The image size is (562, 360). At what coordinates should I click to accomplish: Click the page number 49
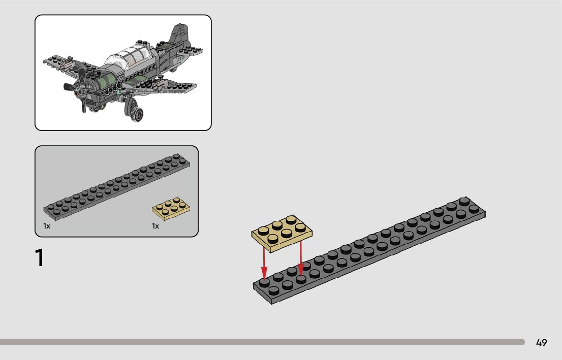(541, 342)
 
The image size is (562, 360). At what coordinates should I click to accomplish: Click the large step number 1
(40, 258)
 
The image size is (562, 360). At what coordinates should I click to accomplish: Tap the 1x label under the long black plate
(47, 226)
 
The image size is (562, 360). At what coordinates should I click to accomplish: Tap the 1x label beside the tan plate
(155, 226)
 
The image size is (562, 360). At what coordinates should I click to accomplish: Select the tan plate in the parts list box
(171, 209)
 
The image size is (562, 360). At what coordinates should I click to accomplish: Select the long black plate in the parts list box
(117, 186)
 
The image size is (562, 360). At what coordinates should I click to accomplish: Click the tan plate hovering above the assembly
(282, 233)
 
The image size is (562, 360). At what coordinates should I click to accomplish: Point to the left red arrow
(264, 262)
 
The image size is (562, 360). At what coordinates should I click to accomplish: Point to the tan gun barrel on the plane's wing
(65, 64)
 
